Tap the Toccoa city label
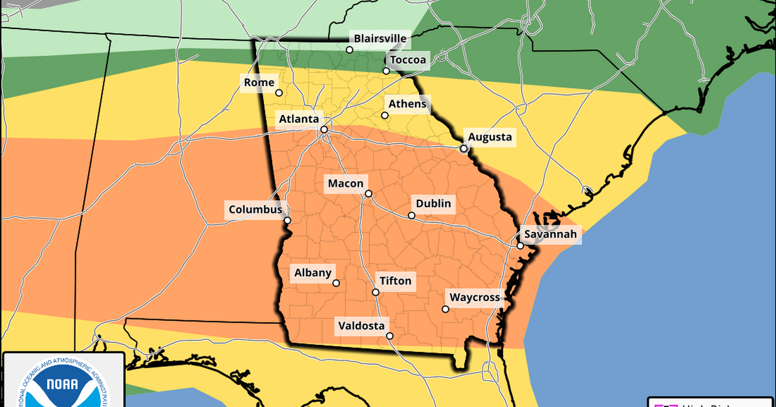coord(407,59)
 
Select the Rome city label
coord(259,82)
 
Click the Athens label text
coord(407,103)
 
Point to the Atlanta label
coord(298,120)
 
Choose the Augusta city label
coord(490,136)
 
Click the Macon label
coord(345,183)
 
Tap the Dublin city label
coord(433,204)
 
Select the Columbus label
coord(255,210)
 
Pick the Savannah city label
coord(550,234)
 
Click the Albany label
coord(313,273)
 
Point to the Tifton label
coord(394,281)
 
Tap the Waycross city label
coord(475,297)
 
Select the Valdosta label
coord(361,326)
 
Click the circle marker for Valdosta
coord(389,336)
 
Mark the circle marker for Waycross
coord(445,309)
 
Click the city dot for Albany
coord(336,283)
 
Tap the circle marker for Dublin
coord(411,215)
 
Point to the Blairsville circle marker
coord(349,49)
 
